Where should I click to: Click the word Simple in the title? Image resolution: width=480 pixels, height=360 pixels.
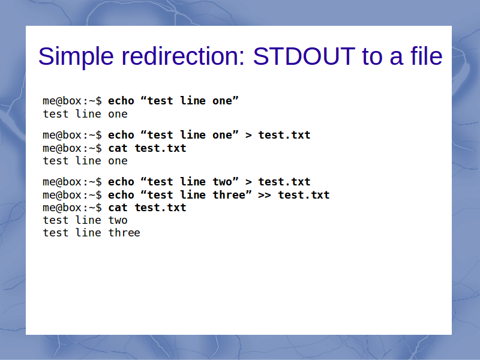point(76,57)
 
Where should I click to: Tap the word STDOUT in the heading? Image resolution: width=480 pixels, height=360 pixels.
point(304,56)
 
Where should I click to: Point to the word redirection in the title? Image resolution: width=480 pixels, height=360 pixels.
point(181,56)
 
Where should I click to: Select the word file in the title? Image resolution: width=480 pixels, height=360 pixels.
point(427,56)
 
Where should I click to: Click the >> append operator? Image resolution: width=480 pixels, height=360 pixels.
point(265,196)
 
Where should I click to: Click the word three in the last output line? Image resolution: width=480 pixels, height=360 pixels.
point(124,233)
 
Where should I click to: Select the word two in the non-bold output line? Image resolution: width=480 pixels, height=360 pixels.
point(118,220)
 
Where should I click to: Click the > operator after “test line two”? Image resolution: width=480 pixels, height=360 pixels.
point(248,182)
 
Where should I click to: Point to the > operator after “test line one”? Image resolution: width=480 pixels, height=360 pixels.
point(248,136)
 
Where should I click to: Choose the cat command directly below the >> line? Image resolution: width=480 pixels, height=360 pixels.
point(118,208)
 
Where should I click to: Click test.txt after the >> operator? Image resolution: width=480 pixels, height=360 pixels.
point(304,194)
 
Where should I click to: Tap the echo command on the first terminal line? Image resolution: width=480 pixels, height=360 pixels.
point(121,101)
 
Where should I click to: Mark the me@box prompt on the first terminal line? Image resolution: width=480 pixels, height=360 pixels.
point(62,101)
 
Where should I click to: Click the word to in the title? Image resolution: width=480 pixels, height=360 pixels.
point(372,56)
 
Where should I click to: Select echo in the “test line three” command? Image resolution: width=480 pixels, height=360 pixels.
point(121,194)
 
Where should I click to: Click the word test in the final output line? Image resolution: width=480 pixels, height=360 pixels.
point(56,233)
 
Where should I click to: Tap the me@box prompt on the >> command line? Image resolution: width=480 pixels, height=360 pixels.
point(62,194)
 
